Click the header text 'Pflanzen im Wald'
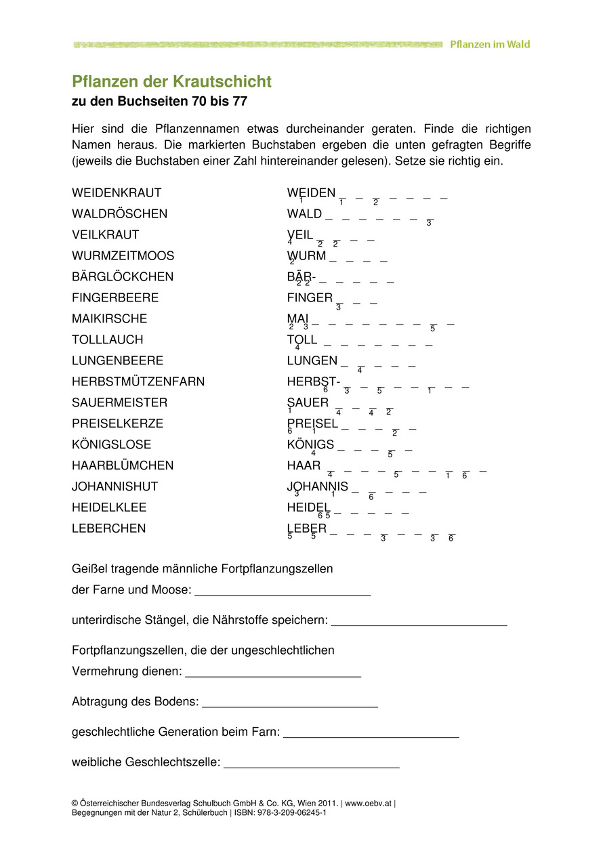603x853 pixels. click(490, 45)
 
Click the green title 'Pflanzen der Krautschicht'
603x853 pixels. click(171, 82)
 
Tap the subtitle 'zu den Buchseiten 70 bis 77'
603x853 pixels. click(160, 102)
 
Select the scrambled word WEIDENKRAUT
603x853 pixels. click(117, 193)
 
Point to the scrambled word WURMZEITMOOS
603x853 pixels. click(123, 256)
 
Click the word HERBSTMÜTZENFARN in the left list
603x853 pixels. click(138, 382)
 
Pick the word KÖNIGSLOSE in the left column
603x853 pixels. click(112, 445)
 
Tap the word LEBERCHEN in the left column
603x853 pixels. click(108, 529)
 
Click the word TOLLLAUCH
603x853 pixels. click(108, 340)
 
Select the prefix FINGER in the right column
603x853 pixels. click(310, 298)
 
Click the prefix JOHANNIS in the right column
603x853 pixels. click(318, 487)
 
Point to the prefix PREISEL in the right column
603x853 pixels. click(312, 424)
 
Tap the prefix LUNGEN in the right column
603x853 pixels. click(312, 361)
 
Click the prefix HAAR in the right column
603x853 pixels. click(304, 466)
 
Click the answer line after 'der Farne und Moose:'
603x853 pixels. click(283, 591)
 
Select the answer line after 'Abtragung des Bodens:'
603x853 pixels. click(289, 703)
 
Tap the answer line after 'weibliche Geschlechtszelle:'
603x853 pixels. click(312, 763)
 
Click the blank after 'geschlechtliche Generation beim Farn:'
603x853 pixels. click(371, 733)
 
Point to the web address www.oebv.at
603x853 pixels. click(369, 804)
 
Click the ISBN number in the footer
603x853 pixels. click(293, 812)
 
